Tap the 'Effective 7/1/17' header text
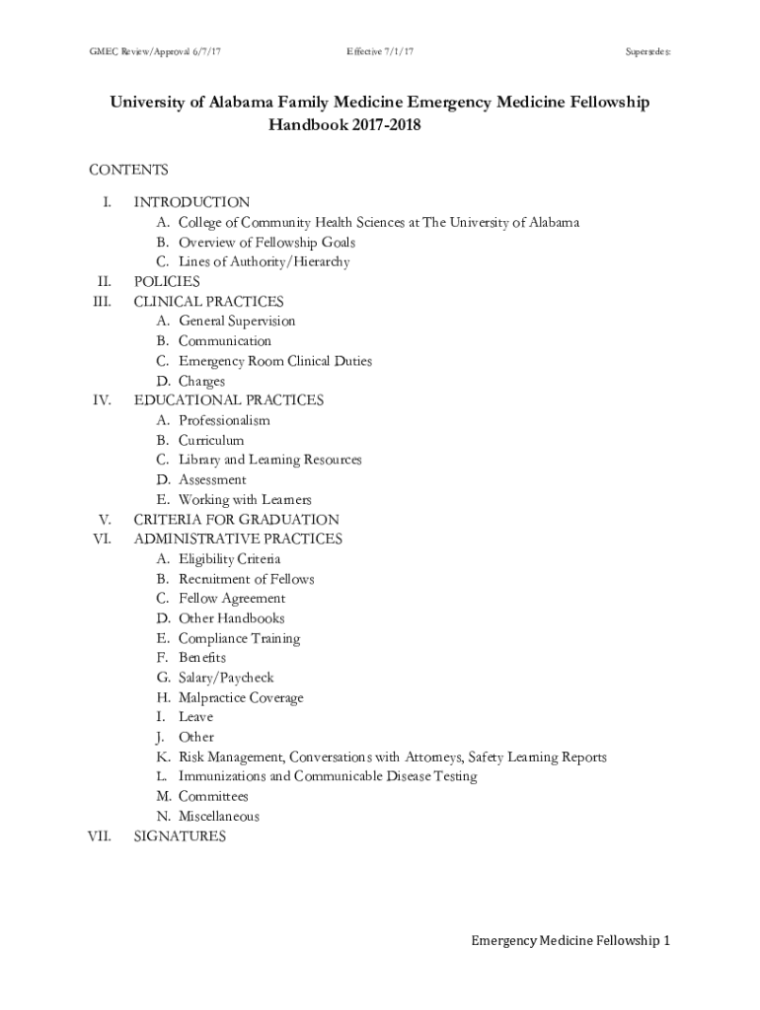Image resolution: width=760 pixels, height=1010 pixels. point(380,49)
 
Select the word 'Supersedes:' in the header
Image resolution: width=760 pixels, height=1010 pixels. point(647,49)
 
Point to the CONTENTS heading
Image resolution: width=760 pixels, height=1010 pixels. point(128,170)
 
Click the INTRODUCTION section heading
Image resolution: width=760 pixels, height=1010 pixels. point(191,202)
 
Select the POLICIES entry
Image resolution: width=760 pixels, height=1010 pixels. point(167,282)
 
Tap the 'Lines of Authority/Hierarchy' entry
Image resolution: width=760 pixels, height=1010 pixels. point(264,262)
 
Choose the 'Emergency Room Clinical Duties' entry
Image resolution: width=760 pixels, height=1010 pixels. point(274,361)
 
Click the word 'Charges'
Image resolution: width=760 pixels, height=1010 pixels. point(201,381)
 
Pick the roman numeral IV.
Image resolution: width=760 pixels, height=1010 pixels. point(101,400)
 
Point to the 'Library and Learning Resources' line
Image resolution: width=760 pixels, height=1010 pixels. point(269,460)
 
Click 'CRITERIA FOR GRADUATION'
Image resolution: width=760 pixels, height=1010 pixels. point(236,520)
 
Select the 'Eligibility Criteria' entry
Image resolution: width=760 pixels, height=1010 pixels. point(229,559)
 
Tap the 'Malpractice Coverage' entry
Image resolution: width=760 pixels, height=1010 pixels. point(241,697)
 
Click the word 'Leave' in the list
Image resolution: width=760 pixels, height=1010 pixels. point(195,717)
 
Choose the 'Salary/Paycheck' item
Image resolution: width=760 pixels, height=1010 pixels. point(226,678)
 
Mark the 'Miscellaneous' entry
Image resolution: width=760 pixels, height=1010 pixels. point(219,817)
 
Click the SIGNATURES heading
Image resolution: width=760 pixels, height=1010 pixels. point(180,836)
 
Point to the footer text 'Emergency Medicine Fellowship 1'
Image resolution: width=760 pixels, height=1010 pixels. point(570,941)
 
